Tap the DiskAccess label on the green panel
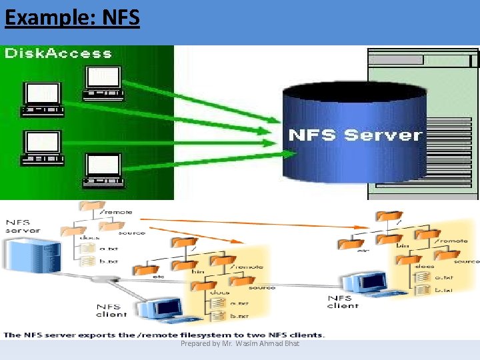point(58,53)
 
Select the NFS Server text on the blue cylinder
point(355,135)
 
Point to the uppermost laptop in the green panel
point(103,83)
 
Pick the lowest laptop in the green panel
point(104,171)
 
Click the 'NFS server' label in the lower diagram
point(23,226)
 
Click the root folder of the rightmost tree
point(384,217)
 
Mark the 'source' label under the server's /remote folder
point(131,233)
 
